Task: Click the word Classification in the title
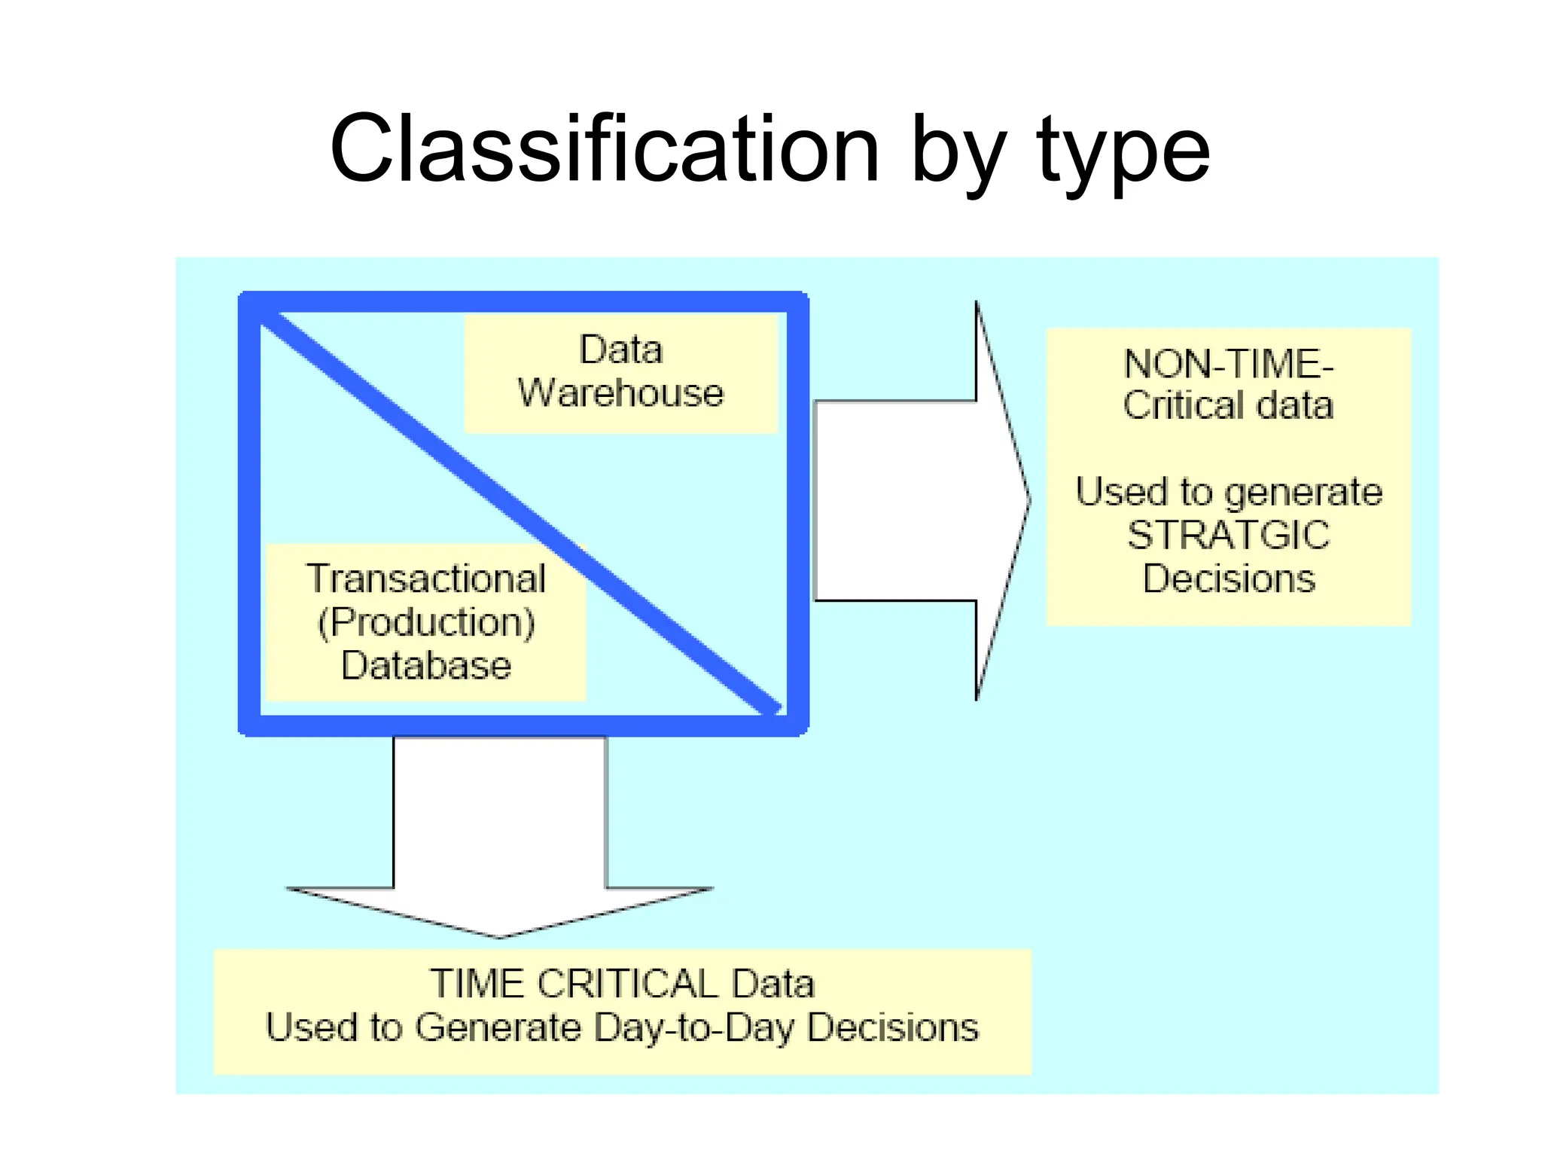605,148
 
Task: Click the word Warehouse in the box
620,393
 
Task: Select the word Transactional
426,578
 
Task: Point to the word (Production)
426,622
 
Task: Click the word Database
426,665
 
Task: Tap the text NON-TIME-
1228,364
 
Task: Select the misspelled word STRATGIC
1228,535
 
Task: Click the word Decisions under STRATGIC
1228,578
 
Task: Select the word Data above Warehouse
620,350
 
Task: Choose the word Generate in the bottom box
498,1027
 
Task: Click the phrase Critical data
1228,405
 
